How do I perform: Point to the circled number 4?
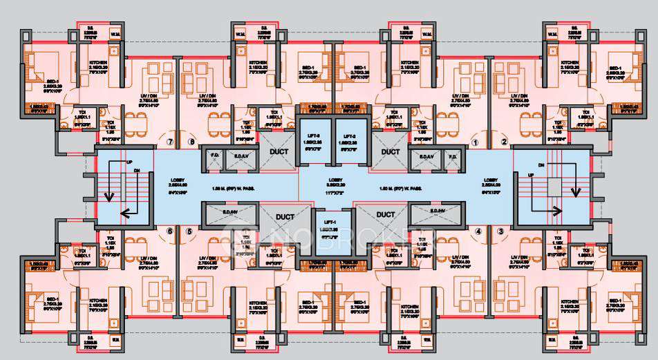(x=477, y=231)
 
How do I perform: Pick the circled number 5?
(x=188, y=231)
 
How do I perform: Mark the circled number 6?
(x=169, y=231)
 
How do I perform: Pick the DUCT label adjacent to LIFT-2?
(x=391, y=151)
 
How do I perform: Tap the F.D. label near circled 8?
(x=214, y=156)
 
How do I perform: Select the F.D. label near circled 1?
(x=453, y=156)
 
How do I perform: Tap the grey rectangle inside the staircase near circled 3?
(x=554, y=187)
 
